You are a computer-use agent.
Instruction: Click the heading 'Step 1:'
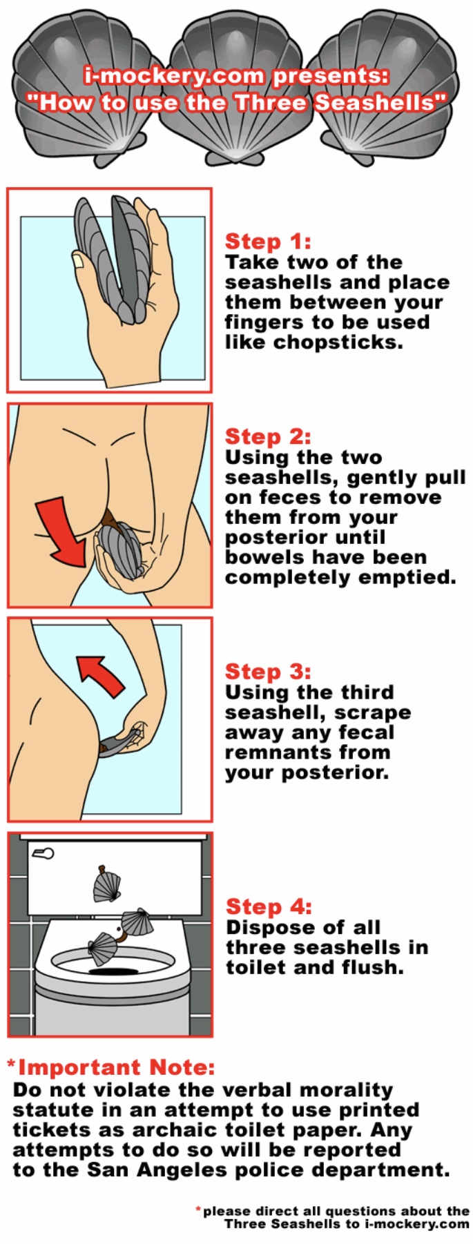[268, 242]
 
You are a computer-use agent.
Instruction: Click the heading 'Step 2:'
[268, 437]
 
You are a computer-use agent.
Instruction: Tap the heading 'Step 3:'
[268, 672]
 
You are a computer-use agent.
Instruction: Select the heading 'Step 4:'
[269, 907]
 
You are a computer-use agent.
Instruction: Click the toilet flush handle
[43, 854]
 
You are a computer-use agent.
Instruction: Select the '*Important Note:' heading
[111, 1067]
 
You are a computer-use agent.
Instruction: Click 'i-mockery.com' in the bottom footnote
[417, 1224]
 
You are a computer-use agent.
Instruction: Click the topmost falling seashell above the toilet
[106, 884]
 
